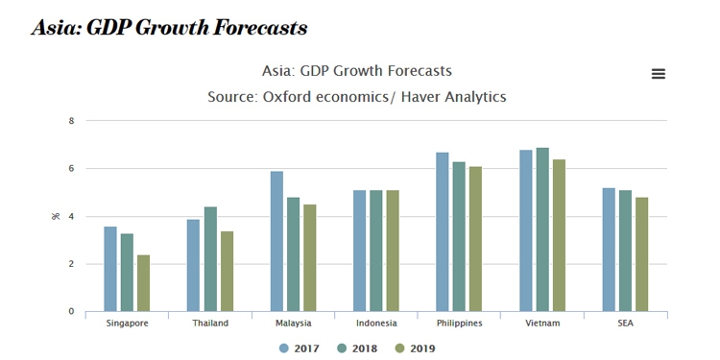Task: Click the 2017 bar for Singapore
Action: pos(110,269)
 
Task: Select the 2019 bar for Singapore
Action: pos(143,283)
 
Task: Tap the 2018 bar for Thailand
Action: pos(210,259)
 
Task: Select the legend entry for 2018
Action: pos(359,348)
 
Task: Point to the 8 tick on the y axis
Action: pos(71,121)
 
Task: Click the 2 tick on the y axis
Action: pos(71,264)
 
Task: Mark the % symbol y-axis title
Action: pos(55,216)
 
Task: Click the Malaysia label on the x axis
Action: pos(293,324)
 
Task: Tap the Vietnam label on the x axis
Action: pos(542,324)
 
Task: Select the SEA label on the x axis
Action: pos(625,324)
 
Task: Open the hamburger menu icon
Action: pos(658,74)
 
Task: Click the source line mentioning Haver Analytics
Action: pos(357,97)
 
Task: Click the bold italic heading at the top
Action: pos(169,28)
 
